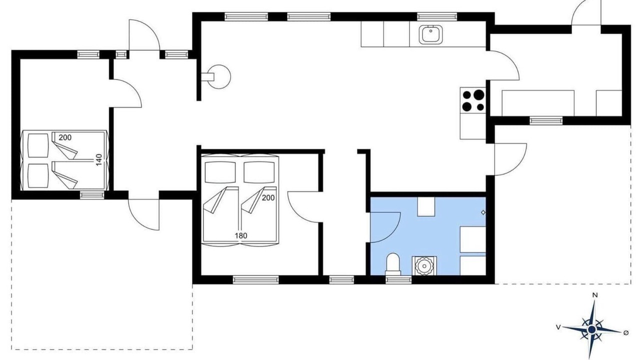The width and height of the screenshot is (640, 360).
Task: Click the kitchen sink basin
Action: point(431,34)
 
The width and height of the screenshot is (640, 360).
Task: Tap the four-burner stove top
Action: point(473,100)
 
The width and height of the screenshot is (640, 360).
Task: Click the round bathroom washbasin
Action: point(424,265)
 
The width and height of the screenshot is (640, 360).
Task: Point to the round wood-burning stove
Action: point(218,76)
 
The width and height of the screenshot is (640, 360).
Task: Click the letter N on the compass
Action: point(595,295)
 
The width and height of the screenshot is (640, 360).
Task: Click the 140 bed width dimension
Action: point(98,160)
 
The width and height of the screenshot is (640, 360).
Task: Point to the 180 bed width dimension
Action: point(241,235)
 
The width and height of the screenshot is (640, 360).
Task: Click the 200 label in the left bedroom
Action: point(65,137)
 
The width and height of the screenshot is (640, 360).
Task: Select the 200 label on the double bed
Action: point(268,197)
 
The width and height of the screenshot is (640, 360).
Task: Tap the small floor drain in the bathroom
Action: point(483,212)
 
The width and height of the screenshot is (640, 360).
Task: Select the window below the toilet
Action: point(398,279)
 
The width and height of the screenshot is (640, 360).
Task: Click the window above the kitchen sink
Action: point(437,16)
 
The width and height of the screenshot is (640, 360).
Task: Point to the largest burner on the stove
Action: point(479,94)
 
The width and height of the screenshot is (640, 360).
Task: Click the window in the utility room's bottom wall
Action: point(546,120)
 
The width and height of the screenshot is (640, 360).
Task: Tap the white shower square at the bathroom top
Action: point(426,206)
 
